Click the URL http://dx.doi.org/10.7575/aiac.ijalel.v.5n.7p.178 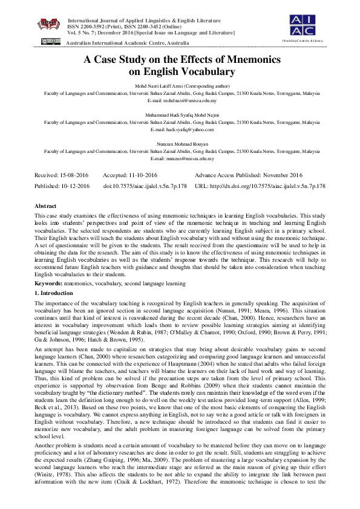click(260, 186)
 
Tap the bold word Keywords click(48, 283)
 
